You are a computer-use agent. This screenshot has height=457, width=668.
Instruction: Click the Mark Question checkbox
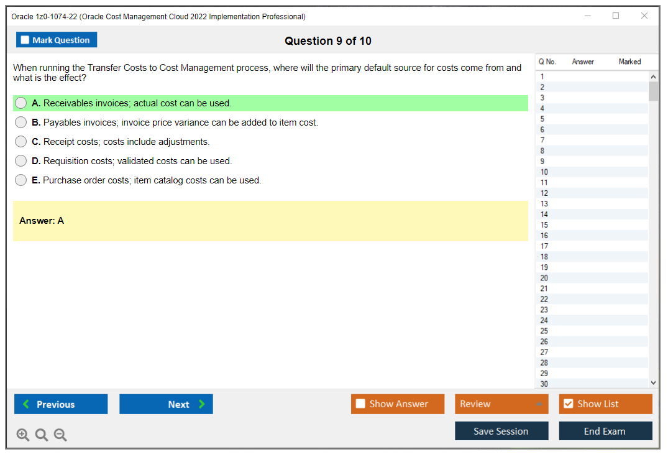pos(25,40)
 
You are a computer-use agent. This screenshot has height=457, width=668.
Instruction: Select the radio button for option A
pos(21,103)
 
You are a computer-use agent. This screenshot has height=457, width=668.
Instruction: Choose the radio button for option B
pos(21,122)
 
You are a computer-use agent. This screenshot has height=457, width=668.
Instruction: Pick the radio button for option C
pos(21,142)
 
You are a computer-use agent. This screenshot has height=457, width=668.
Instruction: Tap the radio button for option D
pos(21,161)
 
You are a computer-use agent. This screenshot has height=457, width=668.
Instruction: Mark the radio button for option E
pos(21,180)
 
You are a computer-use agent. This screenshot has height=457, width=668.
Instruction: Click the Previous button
pos(61,404)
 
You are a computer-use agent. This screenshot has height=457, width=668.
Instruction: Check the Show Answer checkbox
pos(360,404)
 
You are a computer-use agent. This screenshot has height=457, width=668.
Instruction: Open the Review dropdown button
pos(501,404)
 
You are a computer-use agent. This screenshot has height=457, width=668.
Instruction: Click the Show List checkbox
pos(568,404)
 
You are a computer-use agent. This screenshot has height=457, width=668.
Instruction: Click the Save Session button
pos(501,431)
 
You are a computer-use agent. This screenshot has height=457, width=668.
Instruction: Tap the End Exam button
pos(605,431)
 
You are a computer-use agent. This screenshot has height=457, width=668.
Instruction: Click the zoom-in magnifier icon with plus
pos(23,435)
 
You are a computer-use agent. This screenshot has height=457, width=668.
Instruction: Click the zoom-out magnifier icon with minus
pos(60,435)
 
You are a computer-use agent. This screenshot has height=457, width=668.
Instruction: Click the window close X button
pos(644,16)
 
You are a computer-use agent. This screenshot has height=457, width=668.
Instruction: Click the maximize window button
pos(616,16)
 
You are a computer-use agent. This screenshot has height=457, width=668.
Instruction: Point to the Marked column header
pos(629,62)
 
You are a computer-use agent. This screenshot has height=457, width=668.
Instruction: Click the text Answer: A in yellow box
pos(42,221)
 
